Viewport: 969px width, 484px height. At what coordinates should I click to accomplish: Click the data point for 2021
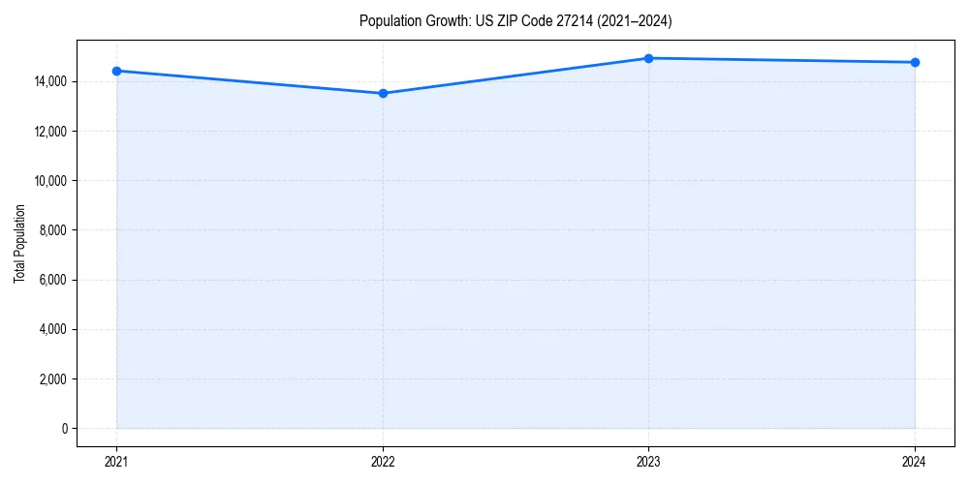click(116, 71)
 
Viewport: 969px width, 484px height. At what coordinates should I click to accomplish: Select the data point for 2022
click(383, 93)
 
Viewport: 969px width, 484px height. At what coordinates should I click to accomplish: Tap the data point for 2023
click(648, 58)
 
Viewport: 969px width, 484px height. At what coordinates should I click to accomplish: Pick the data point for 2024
click(915, 62)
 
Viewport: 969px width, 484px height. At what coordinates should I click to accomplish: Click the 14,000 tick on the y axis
click(50, 81)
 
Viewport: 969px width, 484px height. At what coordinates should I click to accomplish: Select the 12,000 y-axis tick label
click(50, 132)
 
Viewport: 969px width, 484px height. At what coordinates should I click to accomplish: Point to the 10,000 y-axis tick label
click(50, 181)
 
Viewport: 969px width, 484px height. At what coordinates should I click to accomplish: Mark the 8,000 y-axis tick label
click(53, 230)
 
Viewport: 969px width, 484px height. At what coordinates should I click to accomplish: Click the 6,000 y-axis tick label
click(53, 280)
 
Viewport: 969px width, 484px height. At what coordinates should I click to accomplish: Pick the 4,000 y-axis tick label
click(53, 329)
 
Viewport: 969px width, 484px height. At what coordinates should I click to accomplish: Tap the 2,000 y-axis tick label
click(53, 379)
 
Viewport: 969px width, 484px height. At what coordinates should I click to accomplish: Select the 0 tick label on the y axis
click(64, 429)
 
